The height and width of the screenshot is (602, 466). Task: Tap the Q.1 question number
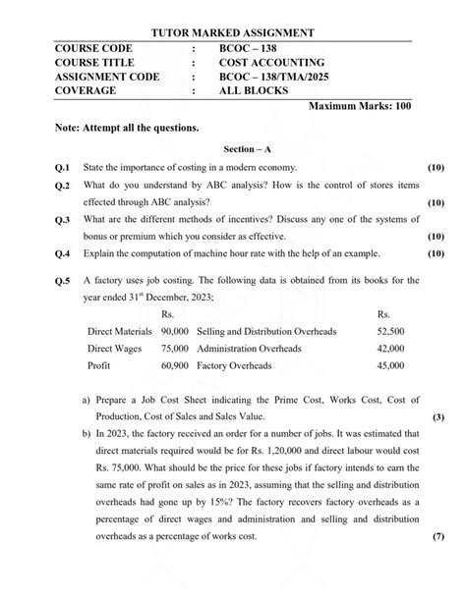(x=63, y=168)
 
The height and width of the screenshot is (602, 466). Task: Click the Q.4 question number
(x=63, y=253)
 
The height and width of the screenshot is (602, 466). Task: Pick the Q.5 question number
(x=63, y=280)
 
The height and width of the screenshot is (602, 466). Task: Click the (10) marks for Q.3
(x=437, y=237)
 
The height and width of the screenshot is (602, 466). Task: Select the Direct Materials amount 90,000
(x=174, y=332)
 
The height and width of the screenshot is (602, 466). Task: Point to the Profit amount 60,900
(x=174, y=365)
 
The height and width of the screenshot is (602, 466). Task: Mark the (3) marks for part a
(x=438, y=415)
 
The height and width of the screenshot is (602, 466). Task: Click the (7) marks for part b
(x=438, y=537)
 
